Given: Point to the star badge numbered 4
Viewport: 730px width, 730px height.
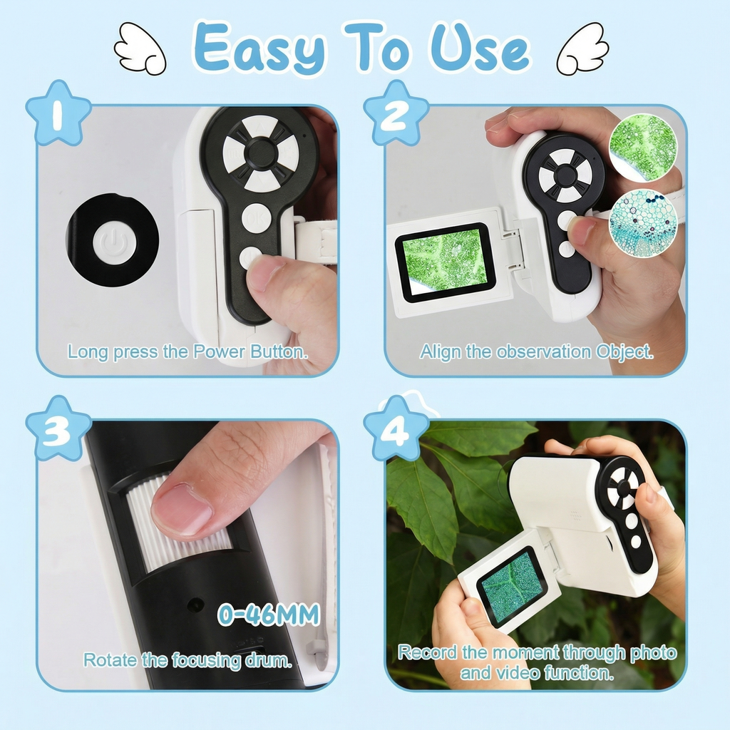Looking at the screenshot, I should click(x=396, y=428).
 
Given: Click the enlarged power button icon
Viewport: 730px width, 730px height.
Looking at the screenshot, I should click(x=113, y=240).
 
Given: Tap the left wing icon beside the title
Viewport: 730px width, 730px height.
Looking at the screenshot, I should click(x=140, y=49).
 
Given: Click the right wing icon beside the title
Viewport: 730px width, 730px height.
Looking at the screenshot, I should click(x=582, y=48).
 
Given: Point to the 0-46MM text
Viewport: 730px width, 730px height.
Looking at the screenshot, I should click(x=268, y=614).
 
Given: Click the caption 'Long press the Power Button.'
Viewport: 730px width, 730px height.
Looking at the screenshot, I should click(x=187, y=351).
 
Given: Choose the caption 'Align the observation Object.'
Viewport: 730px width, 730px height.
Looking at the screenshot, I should click(x=536, y=351).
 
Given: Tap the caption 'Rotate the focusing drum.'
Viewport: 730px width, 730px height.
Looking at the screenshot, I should click(x=187, y=660).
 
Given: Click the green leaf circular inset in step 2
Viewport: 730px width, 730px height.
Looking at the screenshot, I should click(x=642, y=147).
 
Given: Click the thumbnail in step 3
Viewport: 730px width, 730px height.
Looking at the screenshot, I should click(x=182, y=509).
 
